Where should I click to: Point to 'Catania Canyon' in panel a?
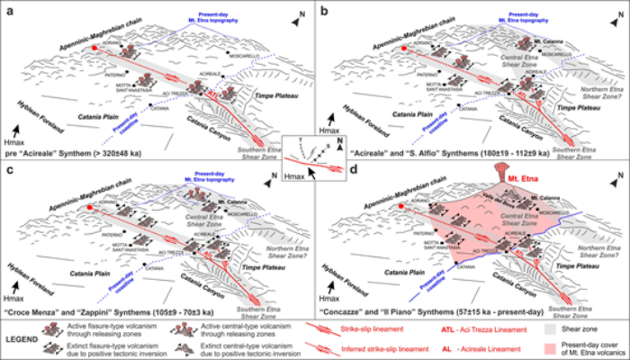pyautogui.click(x=211, y=118)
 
